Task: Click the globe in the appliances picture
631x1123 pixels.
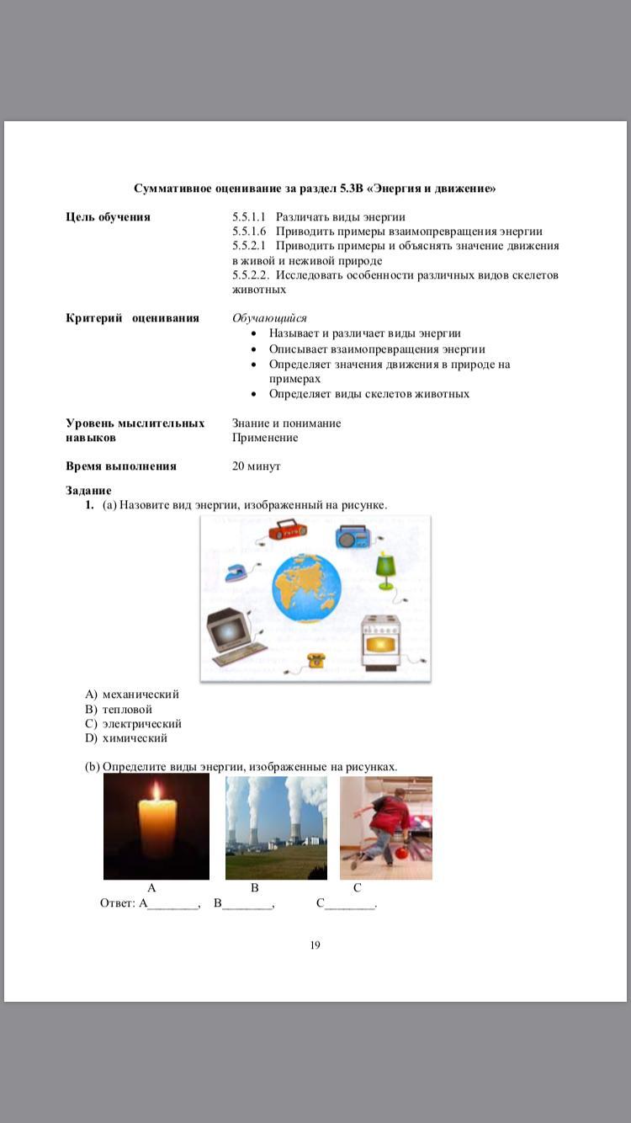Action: click(306, 588)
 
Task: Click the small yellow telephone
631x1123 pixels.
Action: click(316, 660)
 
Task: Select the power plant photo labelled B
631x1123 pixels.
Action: click(276, 828)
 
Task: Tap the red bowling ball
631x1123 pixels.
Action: click(401, 853)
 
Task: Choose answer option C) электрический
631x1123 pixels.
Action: click(134, 724)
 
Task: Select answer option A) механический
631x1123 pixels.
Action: click(132, 695)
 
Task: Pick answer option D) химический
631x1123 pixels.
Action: click(126, 738)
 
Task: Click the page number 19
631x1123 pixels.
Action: click(315, 945)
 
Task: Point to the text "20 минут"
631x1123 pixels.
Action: click(257, 466)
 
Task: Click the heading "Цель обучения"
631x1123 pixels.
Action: click(108, 217)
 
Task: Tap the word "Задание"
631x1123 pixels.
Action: click(88, 491)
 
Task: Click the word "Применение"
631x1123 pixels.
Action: click(265, 438)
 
